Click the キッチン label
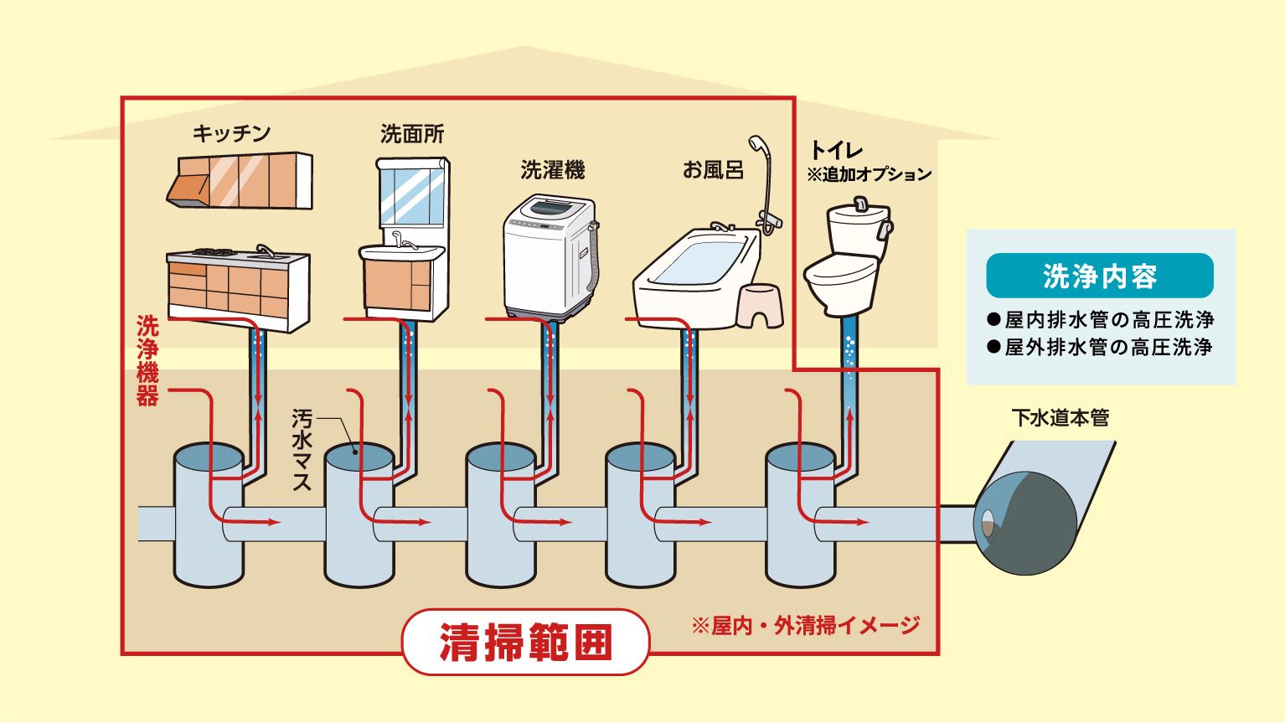click(x=232, y=134)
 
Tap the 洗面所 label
click(x=412, y=134)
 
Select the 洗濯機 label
click(x=553, y=170)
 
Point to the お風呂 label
click(x=713, y=170)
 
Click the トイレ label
click(x=836, y=150)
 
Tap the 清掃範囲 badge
click(x=525, y=642)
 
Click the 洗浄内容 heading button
click(x=1100, y=276)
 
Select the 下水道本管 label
click(x=1061, y=418)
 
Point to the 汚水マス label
click(x=302, y=450)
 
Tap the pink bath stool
click(x=760, y=306)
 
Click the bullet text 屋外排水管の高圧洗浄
click(x=1100, y=347)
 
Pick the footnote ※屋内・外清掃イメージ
click(x=806, y=626)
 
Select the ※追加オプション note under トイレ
click(x=870, y=174)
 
